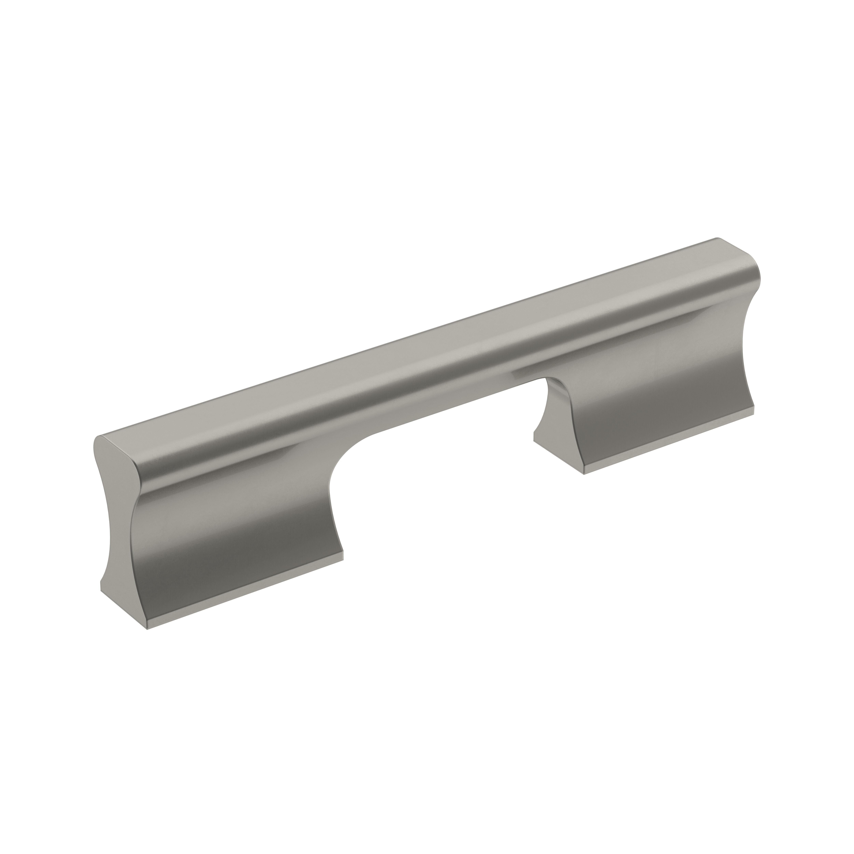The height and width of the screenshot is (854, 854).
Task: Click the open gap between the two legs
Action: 442,486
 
